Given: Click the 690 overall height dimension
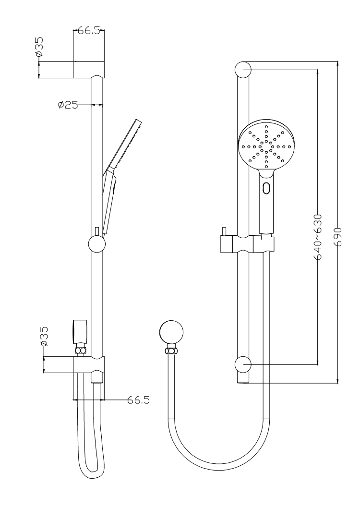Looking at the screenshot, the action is [338, 237].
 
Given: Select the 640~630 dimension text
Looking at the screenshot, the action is [318, 237].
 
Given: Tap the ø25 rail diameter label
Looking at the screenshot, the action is [68, 105].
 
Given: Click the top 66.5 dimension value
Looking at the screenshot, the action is [88, 31].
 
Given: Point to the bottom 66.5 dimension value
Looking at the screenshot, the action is [139, 400].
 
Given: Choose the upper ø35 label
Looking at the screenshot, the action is [39, 47].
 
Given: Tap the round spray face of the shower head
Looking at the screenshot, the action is [266, 146].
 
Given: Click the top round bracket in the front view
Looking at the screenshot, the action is [243, 70].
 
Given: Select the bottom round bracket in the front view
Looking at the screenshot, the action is [243, 365].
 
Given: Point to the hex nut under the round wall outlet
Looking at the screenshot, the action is [171, 351].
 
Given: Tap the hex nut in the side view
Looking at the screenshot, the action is [81, 351].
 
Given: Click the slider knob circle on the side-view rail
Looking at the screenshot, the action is [96, 244].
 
